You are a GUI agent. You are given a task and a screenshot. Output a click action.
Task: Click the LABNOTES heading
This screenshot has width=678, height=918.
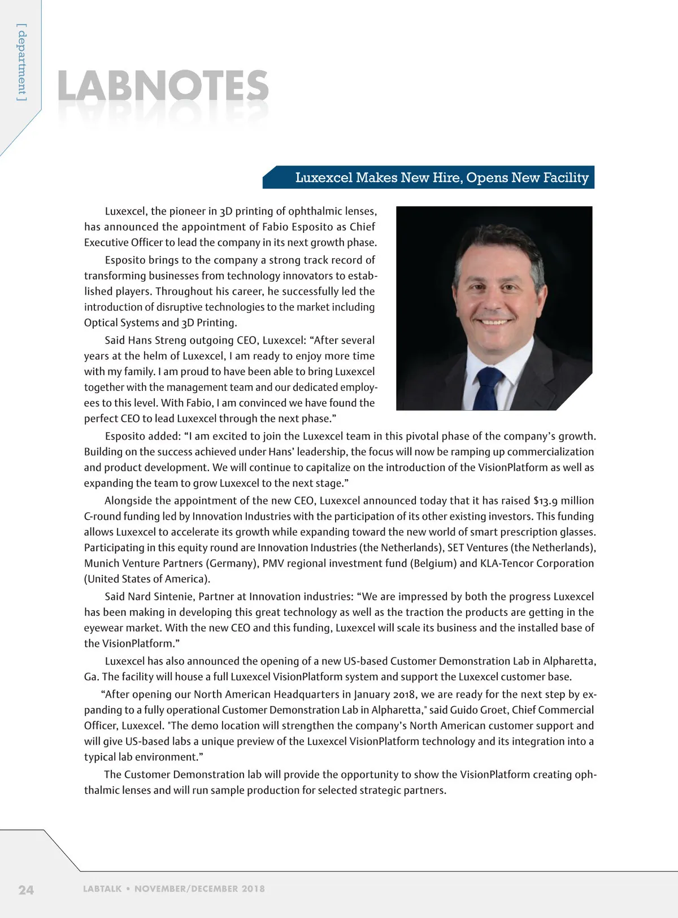pyautogui.click(x=163, y=86)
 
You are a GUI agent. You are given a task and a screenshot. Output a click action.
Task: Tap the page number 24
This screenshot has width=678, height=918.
pyautogui.click(x=26, y=890)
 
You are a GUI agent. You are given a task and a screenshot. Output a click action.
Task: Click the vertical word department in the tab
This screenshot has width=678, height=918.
pyautogui.click(x=21, y=62)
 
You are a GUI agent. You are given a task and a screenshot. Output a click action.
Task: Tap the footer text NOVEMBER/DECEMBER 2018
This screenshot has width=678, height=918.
pyautogui.click(x=199, y=889)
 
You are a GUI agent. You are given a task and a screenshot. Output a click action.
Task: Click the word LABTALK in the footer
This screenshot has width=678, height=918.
pyautogui.click(x=102, y=889)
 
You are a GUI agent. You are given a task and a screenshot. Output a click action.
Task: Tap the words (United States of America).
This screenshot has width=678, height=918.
pyautogui.click(x=147, y=579)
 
